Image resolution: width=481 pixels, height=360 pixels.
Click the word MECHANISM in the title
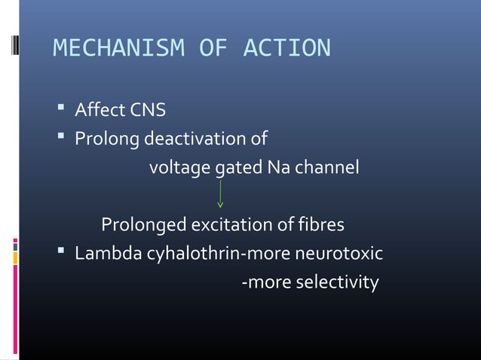coord(119,48)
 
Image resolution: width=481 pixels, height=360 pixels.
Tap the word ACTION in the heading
coord(286,48)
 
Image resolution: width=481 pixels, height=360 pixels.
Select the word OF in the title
coord(213,48)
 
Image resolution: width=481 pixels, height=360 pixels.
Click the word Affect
coord(100,111)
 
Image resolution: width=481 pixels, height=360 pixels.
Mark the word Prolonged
coord(143,224)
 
